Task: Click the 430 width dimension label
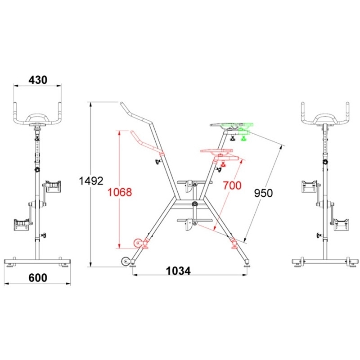pyautogui.click(x=38, y=80)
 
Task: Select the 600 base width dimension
pyautogui.click(x=38, y=277)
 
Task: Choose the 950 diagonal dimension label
pyautogui.click(x=263, y=193)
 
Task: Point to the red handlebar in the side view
pyautogui.click(x=146, y=144)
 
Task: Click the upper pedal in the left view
pyautogui.click(x=53, y=186)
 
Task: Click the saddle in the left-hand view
pyautogui.click(x=37, y=119)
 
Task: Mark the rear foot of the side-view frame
pyautogui.click(x=247, y=264)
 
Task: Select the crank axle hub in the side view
pyautogui.click(x=195, y=204)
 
